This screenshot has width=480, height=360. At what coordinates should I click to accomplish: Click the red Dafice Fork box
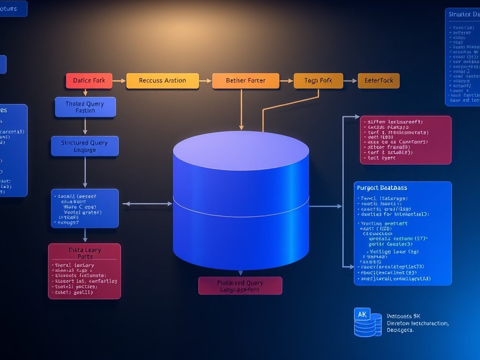coord(89,81)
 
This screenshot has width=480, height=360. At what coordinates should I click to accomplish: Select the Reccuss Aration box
coord(163,81)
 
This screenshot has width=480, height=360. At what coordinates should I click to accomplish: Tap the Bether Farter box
coord(246,81)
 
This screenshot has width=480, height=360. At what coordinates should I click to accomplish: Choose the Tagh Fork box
coord(318,81)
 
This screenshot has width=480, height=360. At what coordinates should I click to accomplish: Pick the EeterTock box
coord(379,81)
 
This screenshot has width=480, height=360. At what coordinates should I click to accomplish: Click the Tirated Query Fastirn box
coord(85,107)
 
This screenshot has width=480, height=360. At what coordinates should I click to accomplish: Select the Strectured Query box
coord(84,146)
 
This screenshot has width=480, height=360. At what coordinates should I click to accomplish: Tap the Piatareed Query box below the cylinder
coord(240,285)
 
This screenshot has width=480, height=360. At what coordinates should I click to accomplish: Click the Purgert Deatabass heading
coord(382,188)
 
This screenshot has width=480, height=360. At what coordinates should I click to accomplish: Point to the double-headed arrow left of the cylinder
coord(147,203)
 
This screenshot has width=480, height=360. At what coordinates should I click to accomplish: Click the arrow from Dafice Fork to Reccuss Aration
coord(119,81)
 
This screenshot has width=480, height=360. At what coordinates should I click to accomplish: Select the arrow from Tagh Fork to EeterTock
coord(350,81)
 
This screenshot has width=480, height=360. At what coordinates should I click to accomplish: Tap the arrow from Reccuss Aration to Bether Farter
coord(205,81)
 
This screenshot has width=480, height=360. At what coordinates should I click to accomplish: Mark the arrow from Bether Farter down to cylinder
coord(241,110)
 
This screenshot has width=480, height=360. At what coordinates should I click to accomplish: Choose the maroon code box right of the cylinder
coord(405,140)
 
